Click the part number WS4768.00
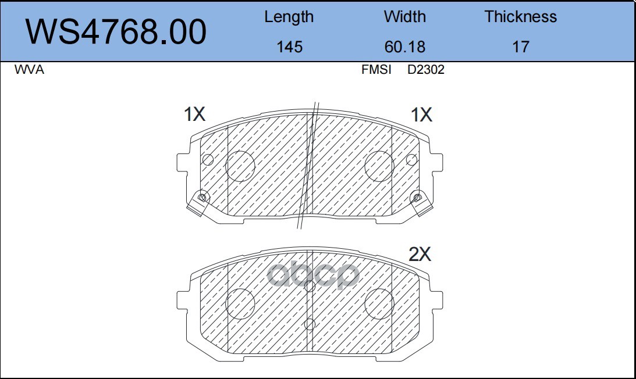[x=116, y=31]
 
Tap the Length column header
[x=289, y=17]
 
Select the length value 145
[x=289, y=47]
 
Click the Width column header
[x=405, y=17]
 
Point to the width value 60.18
[x=405, y=47]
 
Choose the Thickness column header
[x=520, y=17]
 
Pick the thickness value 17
[x=520, y=47]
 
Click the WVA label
[x=29, y=70]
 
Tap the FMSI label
[x=376, y=70]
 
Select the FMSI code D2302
[x=426, y=70]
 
